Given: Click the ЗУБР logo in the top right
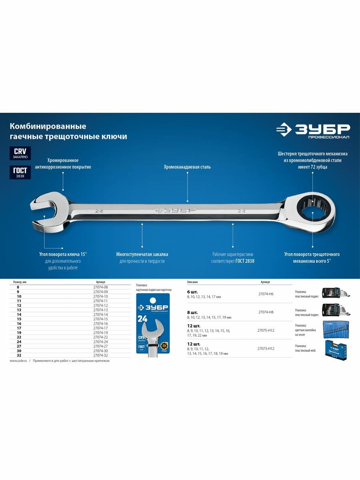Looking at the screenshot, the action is (313, 131).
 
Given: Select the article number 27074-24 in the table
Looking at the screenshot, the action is (100, 342).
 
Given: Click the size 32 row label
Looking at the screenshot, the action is (18, 355).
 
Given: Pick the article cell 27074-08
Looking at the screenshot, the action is (100, 287).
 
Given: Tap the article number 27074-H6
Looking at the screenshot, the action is (266, 294).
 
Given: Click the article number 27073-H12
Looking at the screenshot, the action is (266, 348).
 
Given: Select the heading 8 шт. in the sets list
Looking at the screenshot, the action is (192, 312).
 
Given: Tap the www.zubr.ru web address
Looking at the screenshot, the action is (18, 361).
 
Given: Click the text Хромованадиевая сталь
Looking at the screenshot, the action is (187, 167).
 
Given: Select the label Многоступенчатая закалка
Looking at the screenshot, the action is (142, 254).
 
